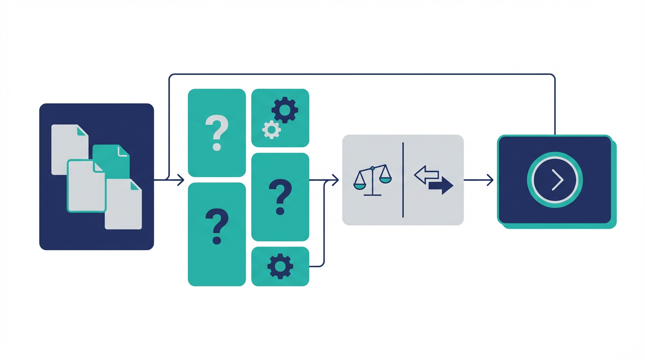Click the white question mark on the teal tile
217,133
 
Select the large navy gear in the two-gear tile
285,111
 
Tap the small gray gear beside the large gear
271,129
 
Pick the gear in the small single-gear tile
280,266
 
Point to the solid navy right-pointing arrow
441,186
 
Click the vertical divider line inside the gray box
403,180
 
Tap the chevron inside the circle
557,180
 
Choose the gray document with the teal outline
86,186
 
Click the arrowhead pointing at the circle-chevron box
490,180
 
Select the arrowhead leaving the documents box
181,180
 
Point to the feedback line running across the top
361,74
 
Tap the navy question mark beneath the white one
217,227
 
